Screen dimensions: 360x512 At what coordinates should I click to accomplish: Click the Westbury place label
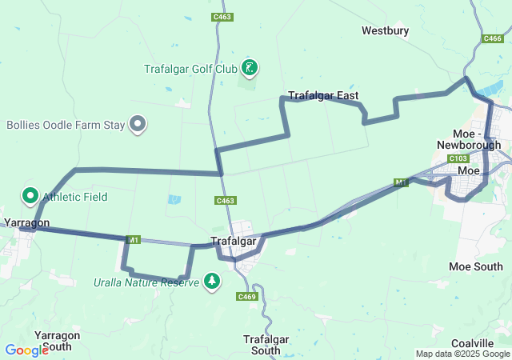pos(385,31)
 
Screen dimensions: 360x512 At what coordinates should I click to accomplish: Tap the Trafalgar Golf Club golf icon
pos(250,68)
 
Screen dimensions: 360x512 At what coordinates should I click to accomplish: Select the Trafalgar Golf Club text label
pos(190,69)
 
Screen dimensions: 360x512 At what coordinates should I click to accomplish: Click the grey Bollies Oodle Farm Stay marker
pos(138,124)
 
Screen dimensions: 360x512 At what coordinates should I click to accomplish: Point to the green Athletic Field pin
pos(30,195)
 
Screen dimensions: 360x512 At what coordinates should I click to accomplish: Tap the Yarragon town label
pos(26,222)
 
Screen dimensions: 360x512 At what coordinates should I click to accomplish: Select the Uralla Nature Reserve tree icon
pos(212,281)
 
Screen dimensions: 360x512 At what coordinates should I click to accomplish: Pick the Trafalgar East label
pos(323,95)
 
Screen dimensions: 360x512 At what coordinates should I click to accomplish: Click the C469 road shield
pos(246,297)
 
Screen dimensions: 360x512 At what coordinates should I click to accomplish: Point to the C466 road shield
pos(492,38)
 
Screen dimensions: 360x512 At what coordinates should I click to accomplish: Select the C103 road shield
pos(458,158)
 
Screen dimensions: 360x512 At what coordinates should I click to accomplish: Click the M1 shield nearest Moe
pos(401,182)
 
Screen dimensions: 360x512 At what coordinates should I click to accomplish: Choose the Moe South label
pos(476,266)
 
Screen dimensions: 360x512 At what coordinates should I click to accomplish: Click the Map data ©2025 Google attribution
pos(462,354)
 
